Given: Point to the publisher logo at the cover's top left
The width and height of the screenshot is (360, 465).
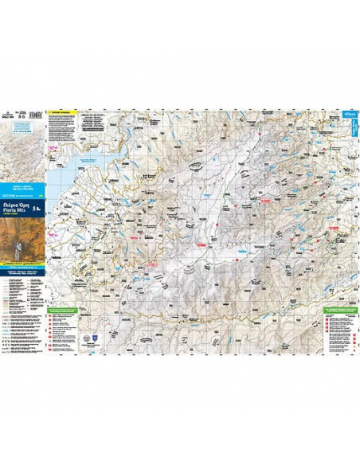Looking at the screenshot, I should pos(10,115).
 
